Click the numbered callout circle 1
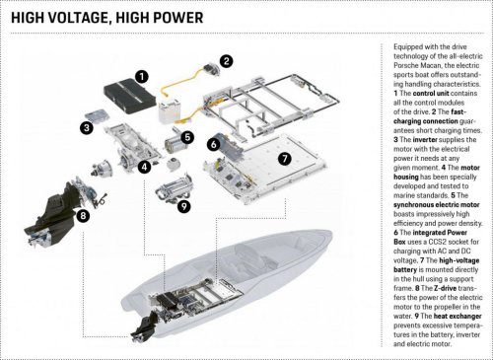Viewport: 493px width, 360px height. tap(142, 74)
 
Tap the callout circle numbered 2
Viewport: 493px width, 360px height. tap(227, 61)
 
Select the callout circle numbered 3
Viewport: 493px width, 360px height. tap(87, 127)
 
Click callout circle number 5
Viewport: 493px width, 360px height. tap(187, 137)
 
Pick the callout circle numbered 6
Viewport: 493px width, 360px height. tap(213, 145)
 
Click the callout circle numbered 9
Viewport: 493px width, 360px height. tap(183, 207)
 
